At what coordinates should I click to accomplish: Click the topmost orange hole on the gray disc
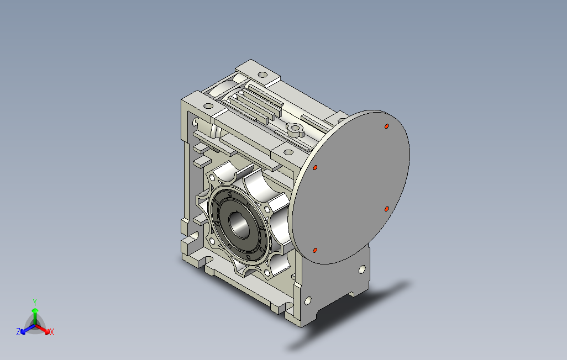pyautogui.click(x=386, y=126)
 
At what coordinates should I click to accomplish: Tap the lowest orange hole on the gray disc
pyautogui.click(x=315, y=251)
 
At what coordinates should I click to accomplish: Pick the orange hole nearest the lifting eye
pyautogui.click(x=316, y=168)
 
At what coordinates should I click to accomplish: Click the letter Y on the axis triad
pyautogui.click(x=35, y=302)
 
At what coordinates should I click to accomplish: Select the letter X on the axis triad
pyautogui.click(x=52, y=332)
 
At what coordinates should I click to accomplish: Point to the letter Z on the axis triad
pyautogui.click(x=18, y=331)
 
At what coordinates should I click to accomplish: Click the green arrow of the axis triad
pyautogui.click(x=35, y=316)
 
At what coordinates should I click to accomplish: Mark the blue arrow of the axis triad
pyautogui.click(x=28, y=329)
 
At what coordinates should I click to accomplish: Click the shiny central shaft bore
pyautogui.click(x=239, y=225)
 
